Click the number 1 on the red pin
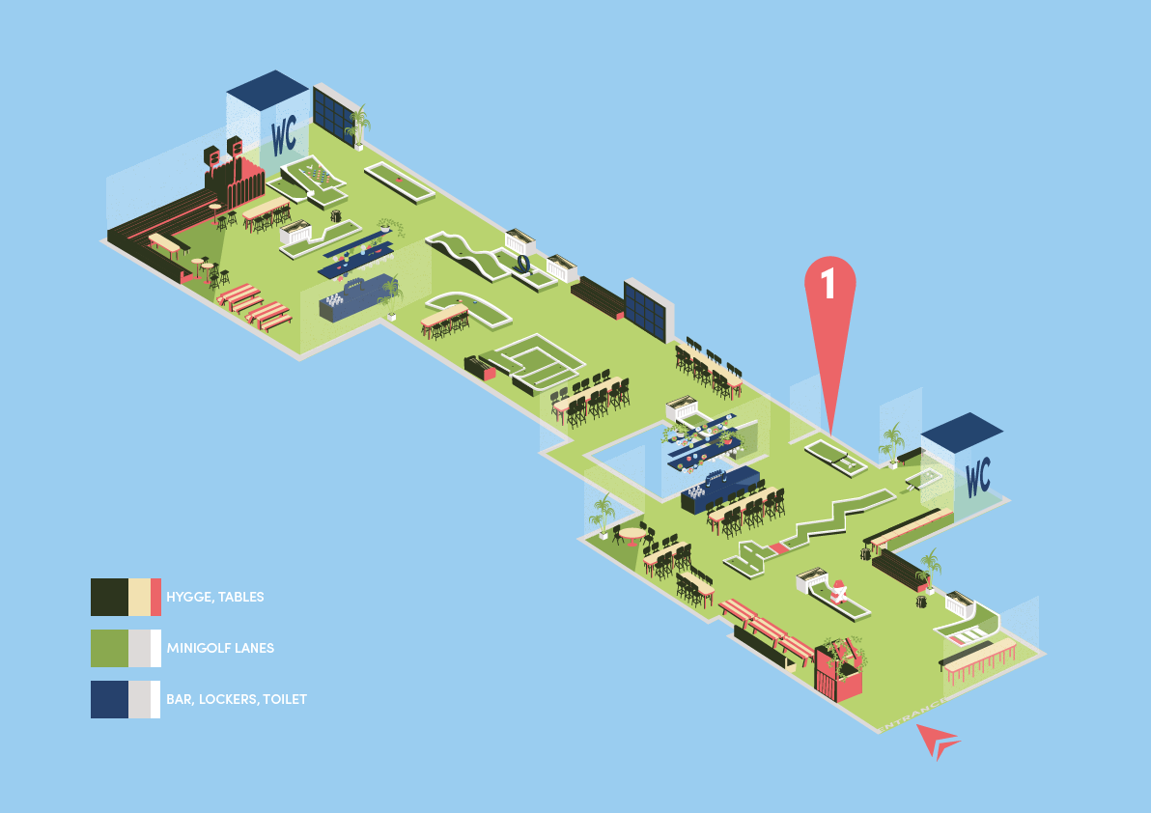click(828, 282)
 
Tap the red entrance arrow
click(937, 740)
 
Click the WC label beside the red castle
click(284, 135)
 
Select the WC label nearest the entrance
click(977, 475)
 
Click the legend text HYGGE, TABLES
click(214, 597)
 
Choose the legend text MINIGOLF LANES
click(220, 648)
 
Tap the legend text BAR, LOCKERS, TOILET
click(237, 699)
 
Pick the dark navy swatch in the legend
click(109, 699)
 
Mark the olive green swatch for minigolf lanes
click(109, 648)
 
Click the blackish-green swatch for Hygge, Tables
click(109, 597)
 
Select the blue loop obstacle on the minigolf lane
click(522, 263)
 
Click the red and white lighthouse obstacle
click(838, 591)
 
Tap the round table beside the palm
click(632, 533)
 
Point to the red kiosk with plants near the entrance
click(838, 668)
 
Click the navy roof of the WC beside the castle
click(267, 89)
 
